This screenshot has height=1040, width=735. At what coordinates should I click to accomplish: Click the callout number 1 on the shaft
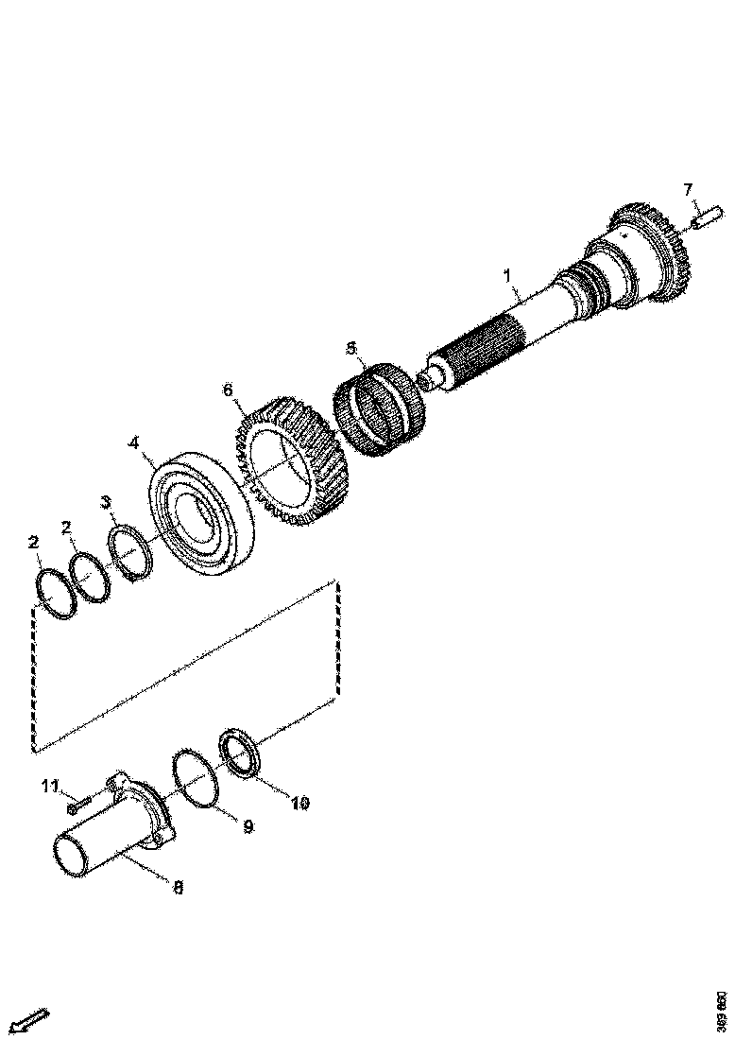pos(507,276)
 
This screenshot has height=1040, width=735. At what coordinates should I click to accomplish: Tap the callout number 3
pos(106,501)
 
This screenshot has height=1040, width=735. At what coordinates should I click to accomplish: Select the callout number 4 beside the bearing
pos(134,442)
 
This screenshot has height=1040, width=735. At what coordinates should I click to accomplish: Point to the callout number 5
pos(351,349)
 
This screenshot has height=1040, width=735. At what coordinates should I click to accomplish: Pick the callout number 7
pos(688,190)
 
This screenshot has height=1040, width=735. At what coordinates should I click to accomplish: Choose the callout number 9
pos(248,826)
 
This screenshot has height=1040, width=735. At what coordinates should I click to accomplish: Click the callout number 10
pos(299,805)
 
